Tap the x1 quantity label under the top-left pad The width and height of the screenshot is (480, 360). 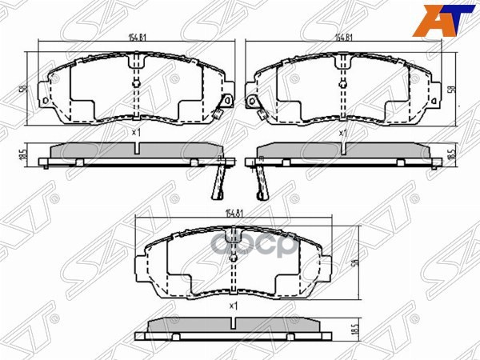136,132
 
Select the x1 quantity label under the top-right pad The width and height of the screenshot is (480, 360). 343,132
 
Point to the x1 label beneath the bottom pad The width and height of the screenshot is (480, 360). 234,306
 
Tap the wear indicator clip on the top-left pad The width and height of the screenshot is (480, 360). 227,102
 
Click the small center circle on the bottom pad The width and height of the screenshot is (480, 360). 233,257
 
